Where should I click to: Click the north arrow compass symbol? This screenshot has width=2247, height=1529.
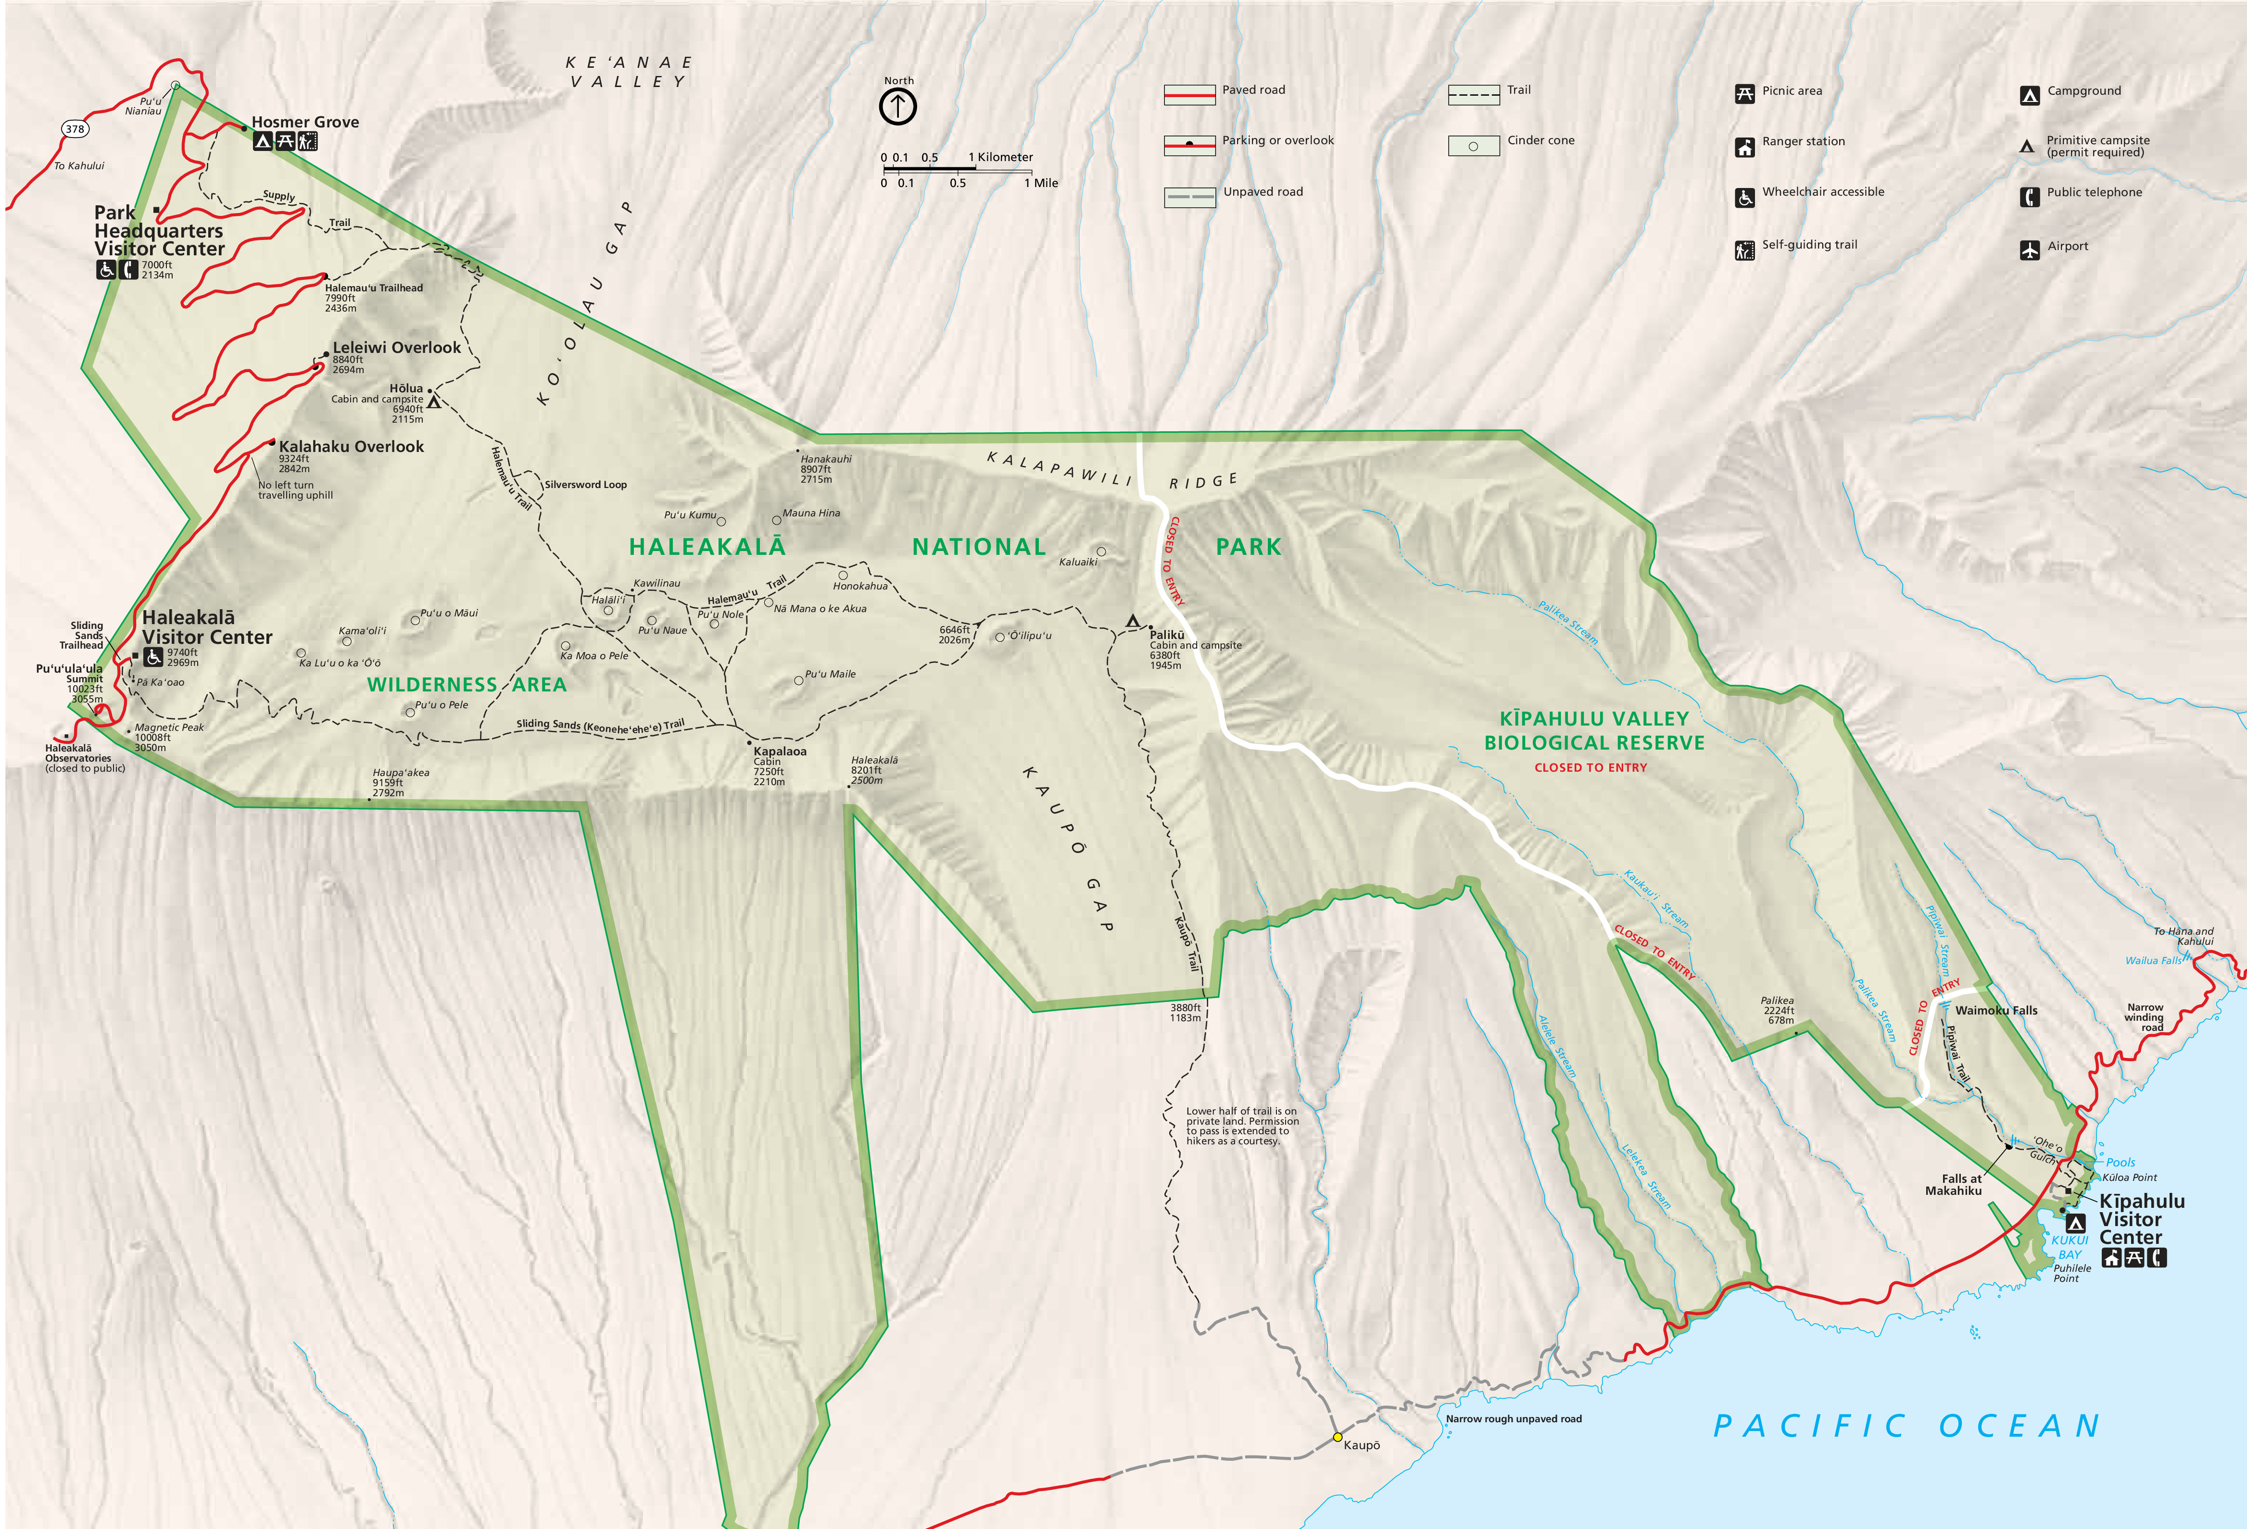(x=897, y=106)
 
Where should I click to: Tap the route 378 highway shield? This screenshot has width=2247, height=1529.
(x=75, y=128)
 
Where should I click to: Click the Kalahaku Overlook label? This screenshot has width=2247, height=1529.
(x=351, y=447)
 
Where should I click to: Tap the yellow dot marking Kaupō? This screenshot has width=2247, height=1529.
(x=1337, y=1437)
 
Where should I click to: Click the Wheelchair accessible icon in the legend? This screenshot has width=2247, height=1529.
(x=1744, y=197)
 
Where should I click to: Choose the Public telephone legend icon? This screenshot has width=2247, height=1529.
(x=2030, y=197)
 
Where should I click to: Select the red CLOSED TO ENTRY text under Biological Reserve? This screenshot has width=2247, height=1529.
(x=1591, y=767)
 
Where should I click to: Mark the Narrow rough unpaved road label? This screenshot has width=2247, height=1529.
(x=1513, y=1419)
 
